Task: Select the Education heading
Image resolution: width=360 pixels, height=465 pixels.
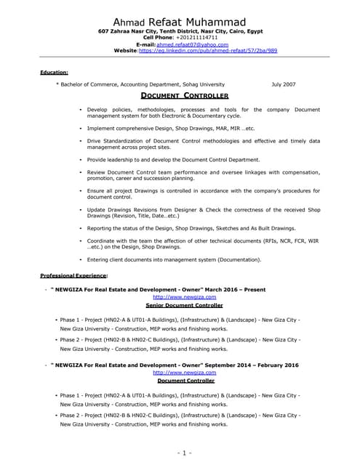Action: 55,73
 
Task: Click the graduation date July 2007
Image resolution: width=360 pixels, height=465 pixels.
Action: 284,84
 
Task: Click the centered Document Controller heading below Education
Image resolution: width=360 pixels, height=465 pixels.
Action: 184,96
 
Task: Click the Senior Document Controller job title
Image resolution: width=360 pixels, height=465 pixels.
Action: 184,305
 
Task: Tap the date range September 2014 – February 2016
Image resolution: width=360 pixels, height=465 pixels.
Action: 247,364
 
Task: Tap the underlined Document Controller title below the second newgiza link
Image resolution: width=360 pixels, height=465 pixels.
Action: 185,380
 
